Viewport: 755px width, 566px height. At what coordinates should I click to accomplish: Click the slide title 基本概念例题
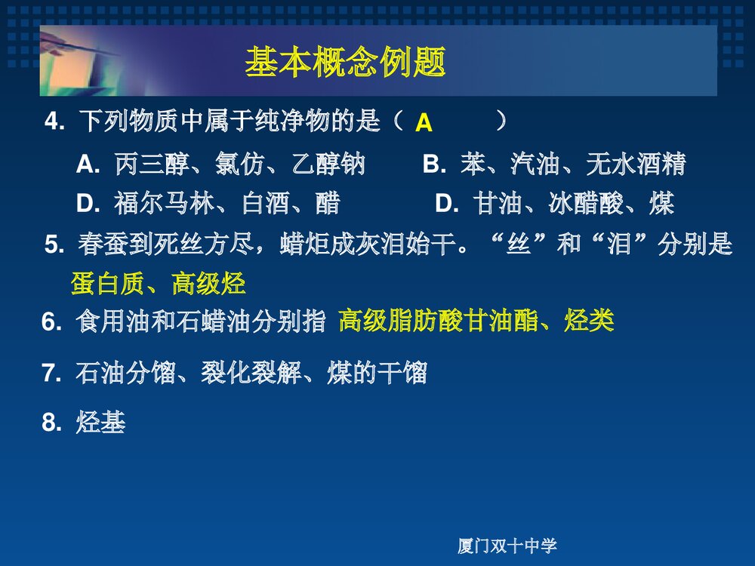[x=345, y=63]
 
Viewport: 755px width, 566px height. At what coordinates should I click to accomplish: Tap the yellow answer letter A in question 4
[x=424, y=123]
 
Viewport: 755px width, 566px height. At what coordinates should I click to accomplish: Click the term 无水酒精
[x=636, y=165]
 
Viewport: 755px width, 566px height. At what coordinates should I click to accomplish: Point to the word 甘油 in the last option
[x=498, y=204]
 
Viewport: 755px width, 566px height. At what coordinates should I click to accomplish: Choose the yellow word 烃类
[x=589, y=321]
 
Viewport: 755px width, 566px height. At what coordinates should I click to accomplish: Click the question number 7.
[x=51, y=373]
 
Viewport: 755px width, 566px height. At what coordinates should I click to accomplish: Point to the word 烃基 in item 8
[x=100, y=423]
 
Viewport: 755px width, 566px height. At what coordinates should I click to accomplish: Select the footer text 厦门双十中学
[x=507, y=546]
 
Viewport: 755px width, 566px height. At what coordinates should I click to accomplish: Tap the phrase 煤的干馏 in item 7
[x=377, y=373]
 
